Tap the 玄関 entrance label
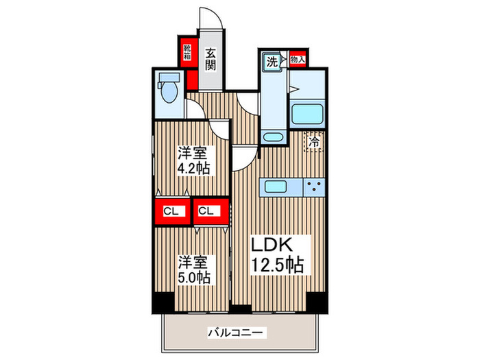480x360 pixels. [211, 59]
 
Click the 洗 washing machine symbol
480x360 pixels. [272, 61]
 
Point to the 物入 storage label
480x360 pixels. [298, 59]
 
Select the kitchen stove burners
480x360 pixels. [314, 185]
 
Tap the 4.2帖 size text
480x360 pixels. [194, 169]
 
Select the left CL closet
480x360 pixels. [172, 212]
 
